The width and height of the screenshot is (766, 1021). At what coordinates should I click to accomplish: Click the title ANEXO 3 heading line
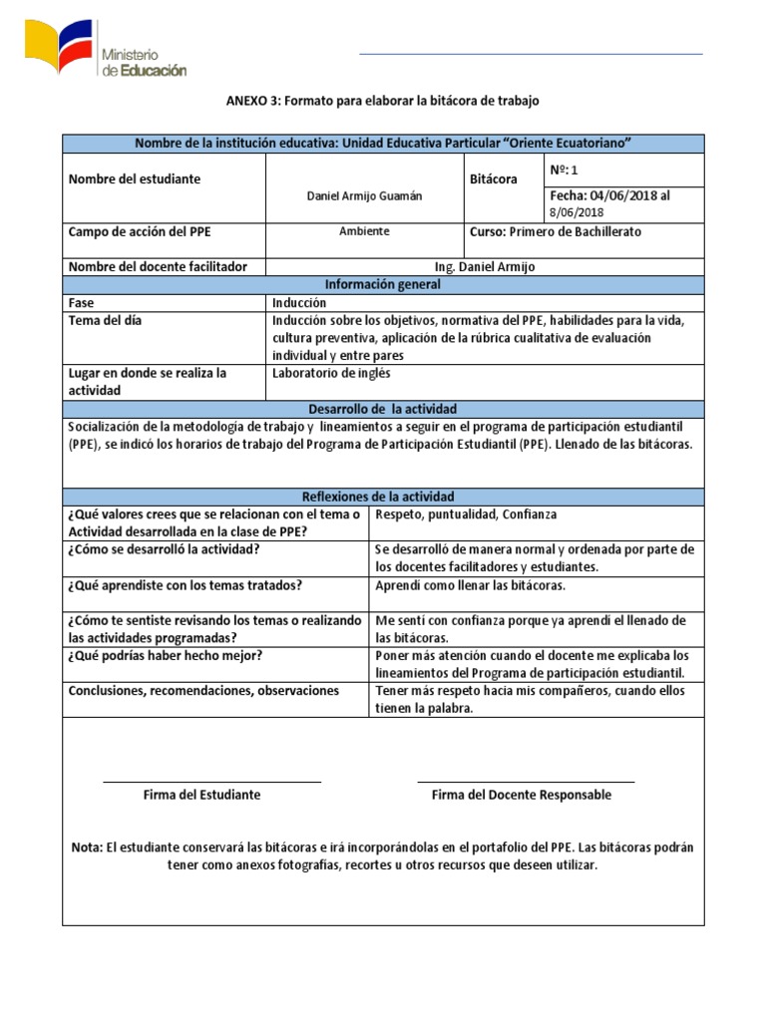pyautogui.click(x=383, y=102)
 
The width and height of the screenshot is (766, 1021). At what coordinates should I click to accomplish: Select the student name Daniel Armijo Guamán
pyautogui.click(x=364, y=196)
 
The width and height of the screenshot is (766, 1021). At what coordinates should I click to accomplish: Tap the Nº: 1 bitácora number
pyautogui.click(x=564, y=170)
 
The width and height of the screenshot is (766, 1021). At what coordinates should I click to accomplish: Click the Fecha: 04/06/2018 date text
pyautogui.click(x=609, y=195)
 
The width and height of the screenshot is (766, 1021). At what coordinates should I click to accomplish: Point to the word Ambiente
pyautogui.click(x=364, y=231)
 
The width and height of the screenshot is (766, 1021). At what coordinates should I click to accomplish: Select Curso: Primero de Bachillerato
pyautogui.click(x=556, y=231)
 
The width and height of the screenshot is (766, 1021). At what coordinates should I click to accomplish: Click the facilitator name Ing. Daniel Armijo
pyautogui.click(x=485, y=266)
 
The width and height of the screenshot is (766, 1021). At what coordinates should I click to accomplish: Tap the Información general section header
pyautogui.click(x=383, y=284)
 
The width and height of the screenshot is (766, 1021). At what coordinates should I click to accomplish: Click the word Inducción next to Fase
pyautogui.click(x=299, y=302)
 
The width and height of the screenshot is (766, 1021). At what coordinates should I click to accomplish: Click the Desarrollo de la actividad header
pyautogui.click(x=383, y=409)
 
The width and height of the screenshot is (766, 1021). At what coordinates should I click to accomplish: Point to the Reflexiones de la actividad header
pyautogui.click(x=383, y=497)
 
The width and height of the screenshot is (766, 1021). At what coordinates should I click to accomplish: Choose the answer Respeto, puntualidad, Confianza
pyautogui.click(x=465, y=514)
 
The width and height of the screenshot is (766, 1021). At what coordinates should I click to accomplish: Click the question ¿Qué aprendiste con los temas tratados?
pyautogui.click(x=185, y=585)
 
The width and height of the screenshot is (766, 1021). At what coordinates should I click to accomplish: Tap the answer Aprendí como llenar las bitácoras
pyautogui.click(x=471, y=585)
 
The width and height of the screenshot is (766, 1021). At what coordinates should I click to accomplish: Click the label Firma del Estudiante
pyautogui.click(x=201, y=795)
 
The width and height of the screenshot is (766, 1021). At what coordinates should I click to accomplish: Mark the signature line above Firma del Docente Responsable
pyautogui.click(x=526, y=783)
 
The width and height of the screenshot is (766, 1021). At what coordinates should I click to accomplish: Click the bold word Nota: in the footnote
pyautogui.click(x=87, y=848)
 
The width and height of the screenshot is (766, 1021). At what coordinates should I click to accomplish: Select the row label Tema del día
pyautogui.click(x=105, y=320)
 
